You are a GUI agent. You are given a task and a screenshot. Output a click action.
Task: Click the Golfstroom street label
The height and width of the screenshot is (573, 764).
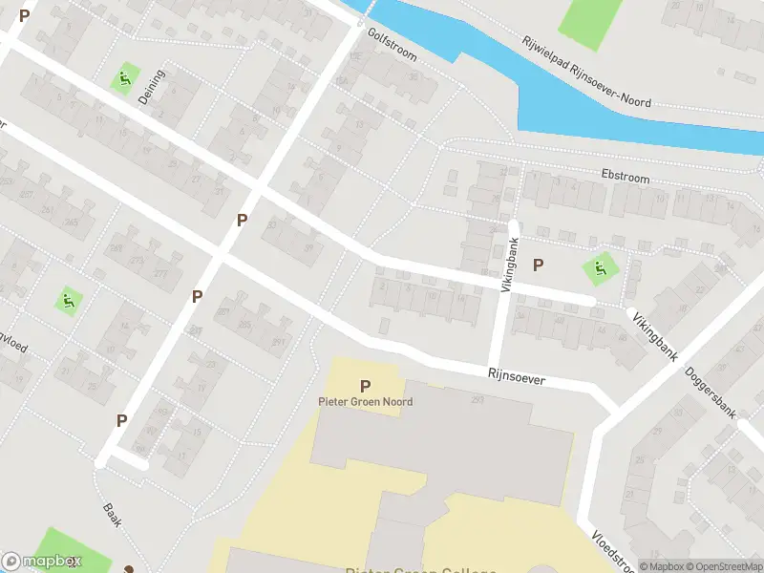(393, 43)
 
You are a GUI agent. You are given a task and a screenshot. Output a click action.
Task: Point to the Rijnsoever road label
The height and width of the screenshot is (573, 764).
(516, 378)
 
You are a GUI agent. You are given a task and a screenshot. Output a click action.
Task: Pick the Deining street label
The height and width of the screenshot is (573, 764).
(152, 87)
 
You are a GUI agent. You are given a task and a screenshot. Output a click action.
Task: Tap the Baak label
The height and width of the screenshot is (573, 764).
(112, 516)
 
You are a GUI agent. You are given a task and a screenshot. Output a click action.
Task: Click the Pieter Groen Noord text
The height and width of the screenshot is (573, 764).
(365, 402)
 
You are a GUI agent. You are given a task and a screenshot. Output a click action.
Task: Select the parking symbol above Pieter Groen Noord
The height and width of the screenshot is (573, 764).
(365, 386)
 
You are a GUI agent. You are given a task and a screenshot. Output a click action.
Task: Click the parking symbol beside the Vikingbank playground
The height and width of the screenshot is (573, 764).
(538, 265)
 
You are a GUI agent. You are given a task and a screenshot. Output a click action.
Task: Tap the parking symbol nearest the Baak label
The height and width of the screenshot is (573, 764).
(122, 420)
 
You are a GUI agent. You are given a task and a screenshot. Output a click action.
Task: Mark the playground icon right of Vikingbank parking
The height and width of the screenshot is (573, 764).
(601, 268)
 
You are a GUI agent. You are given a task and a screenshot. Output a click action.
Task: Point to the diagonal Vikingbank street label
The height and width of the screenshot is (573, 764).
(652, 333)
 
